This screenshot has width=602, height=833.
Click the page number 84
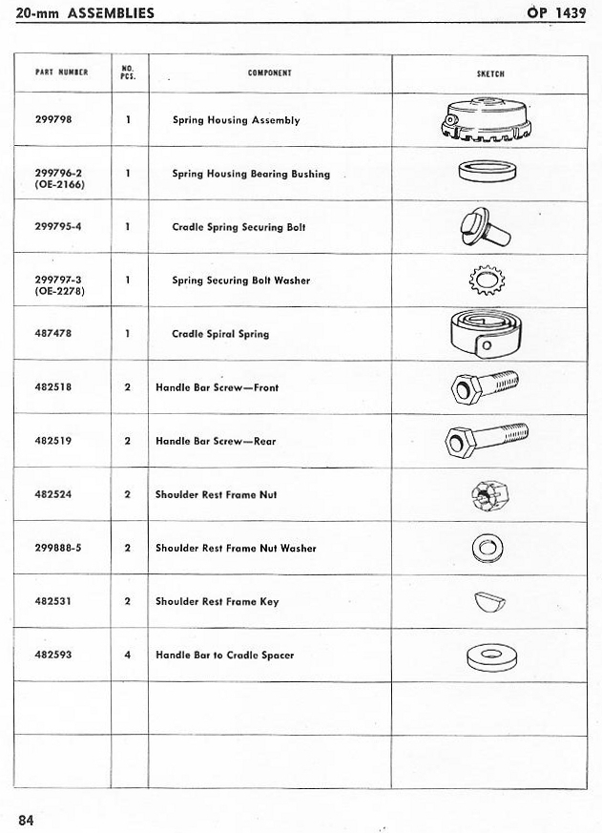tap(26, 818)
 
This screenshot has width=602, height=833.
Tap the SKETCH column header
tap(490, 73)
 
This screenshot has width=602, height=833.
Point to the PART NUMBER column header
tap(61, 73)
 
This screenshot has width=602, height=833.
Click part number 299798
tap(53, 120)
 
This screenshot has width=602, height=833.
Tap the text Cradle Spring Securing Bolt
tap(227, 228)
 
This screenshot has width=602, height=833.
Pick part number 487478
tap(53, 334)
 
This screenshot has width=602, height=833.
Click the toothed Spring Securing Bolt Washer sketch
tap(489, 281)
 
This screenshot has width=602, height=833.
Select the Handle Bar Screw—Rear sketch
tap(487, 441)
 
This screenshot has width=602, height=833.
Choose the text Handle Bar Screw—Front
tap(217, 388)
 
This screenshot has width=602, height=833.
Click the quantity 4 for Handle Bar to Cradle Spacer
tap(128, 656)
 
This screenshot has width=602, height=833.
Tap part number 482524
tap(53, 495)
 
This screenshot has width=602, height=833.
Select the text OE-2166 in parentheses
tap(59, 184)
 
